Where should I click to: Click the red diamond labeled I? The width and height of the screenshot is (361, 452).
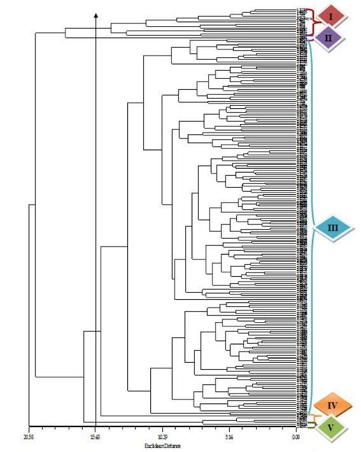point(331,16)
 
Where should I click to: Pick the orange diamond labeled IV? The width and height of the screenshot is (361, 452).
point(333,405)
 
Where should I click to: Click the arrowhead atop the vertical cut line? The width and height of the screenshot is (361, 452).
point(95,14)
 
